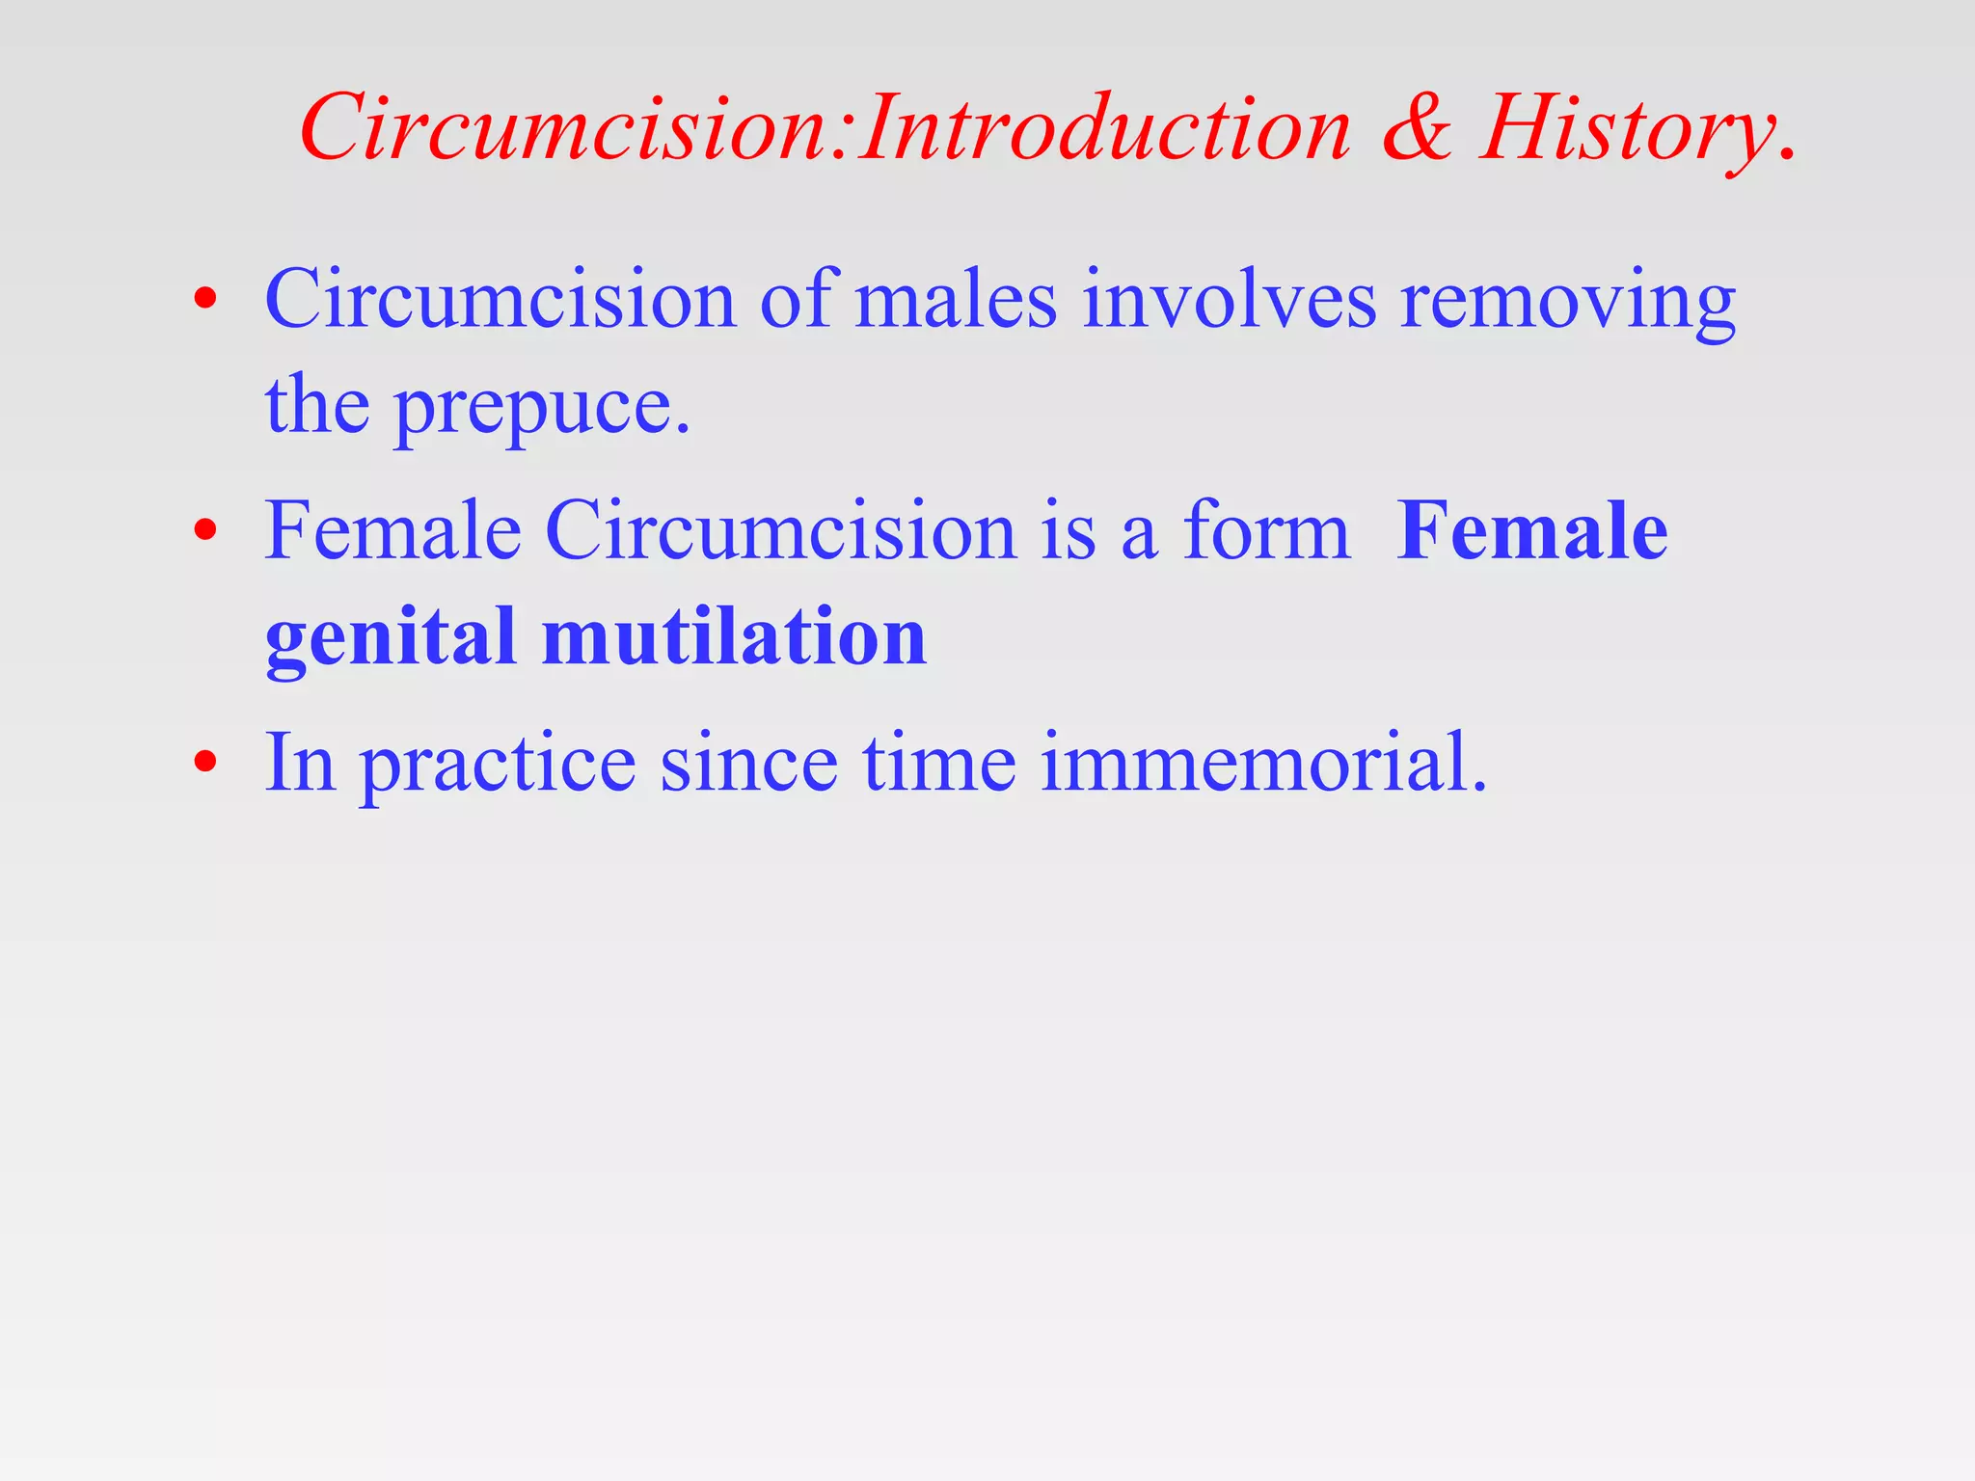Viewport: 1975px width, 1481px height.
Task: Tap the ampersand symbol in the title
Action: [1417, 129]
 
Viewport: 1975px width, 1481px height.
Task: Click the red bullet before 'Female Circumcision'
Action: [204, 530]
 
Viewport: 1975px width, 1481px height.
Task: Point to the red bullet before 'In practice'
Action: [204, 763]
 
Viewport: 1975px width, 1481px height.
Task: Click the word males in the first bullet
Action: [956, 301]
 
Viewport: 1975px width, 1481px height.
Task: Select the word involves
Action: [1229, 301]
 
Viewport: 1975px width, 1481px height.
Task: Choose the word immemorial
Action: [1263, 764]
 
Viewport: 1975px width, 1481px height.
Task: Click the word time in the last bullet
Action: [939, 764]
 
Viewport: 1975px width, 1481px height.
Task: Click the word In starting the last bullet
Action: [300, 764]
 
